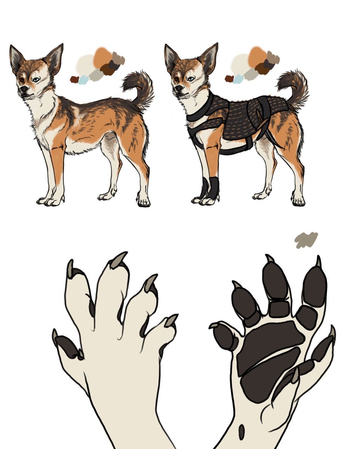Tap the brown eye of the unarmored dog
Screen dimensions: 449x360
click(x=22, y=80)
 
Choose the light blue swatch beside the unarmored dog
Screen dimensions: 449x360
click(x=83, y=80)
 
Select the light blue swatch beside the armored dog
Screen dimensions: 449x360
click(x=238, y=78)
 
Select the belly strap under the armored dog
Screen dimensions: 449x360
click(x=236, y=150)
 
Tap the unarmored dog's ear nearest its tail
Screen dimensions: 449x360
click(x=54, y=58)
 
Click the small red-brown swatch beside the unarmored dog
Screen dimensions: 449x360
click(x=74, y=79)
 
